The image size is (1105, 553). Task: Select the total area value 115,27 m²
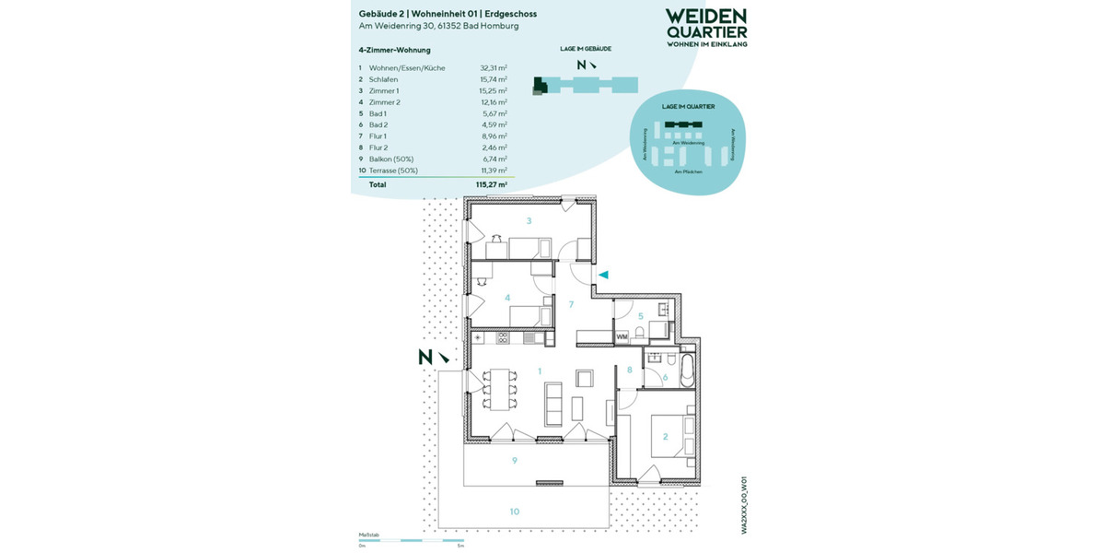click(x=492, y=184)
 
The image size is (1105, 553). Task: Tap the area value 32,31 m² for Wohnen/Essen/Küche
click(x=494, y=67)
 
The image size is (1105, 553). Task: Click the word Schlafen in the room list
click(x=384, y=79)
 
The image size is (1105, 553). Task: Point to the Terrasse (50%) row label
click(x=393, y=171)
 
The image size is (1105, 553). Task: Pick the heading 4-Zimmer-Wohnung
click(x=394, y=50)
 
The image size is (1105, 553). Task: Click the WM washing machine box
click(x=622, y=337)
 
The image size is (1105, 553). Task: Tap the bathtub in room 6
click(x=685, y=369)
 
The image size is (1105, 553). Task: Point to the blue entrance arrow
click(x=603, y=275)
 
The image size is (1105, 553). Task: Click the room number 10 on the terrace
click(x=515, y=511)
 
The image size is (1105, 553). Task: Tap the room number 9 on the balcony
click(x=516, y=460)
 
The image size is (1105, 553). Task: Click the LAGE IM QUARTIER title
click(x=687, y=106)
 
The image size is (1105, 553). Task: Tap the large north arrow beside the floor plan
click(x=431, y=357)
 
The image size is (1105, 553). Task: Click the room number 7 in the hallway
click(x=571, y=304)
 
